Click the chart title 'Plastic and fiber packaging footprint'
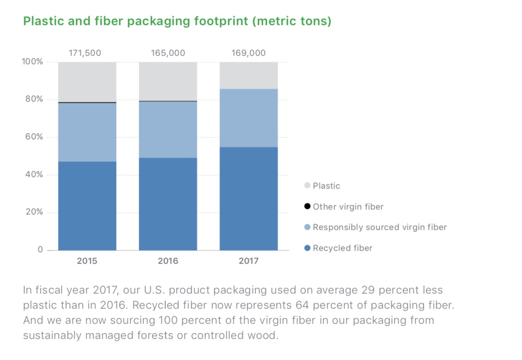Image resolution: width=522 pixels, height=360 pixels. pos(177,21)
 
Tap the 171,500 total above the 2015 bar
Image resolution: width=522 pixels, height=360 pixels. pos(85,53)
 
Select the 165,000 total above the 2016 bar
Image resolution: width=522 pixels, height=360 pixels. pos(168,53)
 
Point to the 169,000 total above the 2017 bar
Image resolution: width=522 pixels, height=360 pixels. pos(249,53)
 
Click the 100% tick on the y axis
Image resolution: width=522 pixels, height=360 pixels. pos(32,62)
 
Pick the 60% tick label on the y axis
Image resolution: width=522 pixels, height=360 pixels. pos(34,137)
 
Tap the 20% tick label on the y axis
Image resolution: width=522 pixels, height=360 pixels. pos(34,212)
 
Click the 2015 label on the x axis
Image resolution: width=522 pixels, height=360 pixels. pos(87,261)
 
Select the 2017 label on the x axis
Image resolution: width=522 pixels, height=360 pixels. pos(249,261)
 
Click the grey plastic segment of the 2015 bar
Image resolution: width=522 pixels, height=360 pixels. pos(87,82)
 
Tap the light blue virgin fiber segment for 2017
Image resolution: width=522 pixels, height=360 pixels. pos(249,118)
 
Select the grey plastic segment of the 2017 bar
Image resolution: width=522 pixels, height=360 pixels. pos(249,75)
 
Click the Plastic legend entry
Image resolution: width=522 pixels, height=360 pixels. pos(326,186)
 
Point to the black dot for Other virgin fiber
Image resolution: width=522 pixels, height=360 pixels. pos(307,207)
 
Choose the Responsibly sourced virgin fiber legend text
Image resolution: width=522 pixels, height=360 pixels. pos(380,228)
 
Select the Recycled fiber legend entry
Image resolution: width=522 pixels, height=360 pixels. pos(342,248)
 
